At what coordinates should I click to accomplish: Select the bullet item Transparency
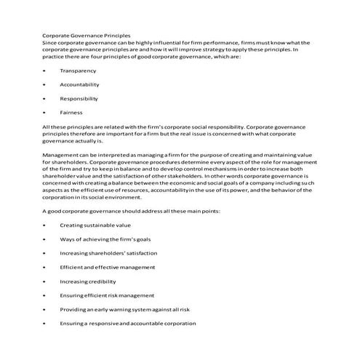[x=78, y=71]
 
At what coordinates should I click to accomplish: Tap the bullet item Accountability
[x=80, y=84]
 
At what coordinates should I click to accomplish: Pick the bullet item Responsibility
[x=80, y=98]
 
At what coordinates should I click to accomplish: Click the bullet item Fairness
[x=72, y=113]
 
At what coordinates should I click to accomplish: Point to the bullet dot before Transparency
[x=45, y=71]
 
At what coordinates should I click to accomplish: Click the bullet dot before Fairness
[x=45, y=113]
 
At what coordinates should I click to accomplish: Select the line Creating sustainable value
[x=95, y=225]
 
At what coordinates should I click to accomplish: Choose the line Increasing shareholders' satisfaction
[x=108, y=253]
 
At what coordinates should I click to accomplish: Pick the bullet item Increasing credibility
[x=89, y=281]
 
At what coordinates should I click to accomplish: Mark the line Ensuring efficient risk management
[x=107, y=295]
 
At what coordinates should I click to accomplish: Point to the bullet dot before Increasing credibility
[x=45, y=281]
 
